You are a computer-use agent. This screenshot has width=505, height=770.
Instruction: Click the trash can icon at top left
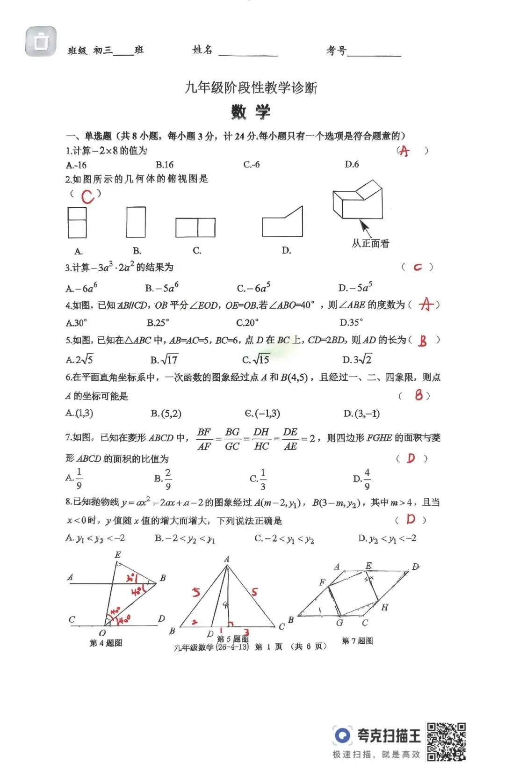41,42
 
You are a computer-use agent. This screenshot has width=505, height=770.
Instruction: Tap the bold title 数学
251,112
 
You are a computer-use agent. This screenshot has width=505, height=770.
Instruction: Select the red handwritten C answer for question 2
87,196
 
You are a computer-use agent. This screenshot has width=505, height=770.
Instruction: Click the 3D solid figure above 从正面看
358,201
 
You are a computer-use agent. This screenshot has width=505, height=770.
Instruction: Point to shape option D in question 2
282,222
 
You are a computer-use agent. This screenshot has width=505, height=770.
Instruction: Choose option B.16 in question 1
165,165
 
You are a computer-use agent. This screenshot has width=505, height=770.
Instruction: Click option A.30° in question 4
77,323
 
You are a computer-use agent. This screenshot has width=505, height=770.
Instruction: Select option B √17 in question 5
164,360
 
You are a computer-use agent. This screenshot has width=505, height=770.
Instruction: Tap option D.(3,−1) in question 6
361,414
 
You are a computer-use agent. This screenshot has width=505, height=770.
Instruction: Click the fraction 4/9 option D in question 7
362,479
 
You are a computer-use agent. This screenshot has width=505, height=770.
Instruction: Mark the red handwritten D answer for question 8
411,519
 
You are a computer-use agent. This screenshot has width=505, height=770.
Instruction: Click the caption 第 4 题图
106,643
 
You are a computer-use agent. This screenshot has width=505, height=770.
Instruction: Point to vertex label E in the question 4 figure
117,555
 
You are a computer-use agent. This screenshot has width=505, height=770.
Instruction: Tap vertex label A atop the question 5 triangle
227,559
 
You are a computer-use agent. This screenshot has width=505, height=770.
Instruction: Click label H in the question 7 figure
384,607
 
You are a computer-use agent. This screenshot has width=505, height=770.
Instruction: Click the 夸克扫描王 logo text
389,735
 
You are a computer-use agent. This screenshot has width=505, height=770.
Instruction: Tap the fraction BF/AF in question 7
204,439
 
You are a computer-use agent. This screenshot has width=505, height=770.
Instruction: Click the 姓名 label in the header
202,50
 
